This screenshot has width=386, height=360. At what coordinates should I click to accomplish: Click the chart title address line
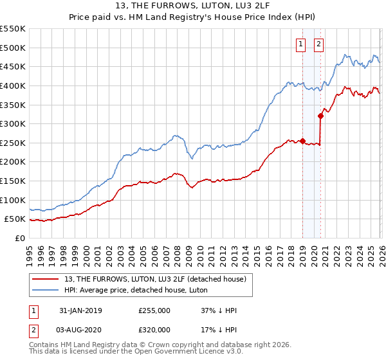coord(193,6)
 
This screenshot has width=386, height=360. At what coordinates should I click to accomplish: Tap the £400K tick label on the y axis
coord(12,85)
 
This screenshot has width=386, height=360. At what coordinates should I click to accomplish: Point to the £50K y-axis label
coord(15,219)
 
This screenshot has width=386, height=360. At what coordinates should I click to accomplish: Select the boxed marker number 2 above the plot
coord(319,44)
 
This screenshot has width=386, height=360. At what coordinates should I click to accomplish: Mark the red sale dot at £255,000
coord(302,141)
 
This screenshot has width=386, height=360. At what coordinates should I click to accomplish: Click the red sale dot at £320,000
coord(320,116)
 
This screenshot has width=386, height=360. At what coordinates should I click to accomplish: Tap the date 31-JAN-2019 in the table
coord(80,310)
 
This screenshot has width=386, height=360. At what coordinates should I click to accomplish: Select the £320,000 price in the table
coord(154,328)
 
